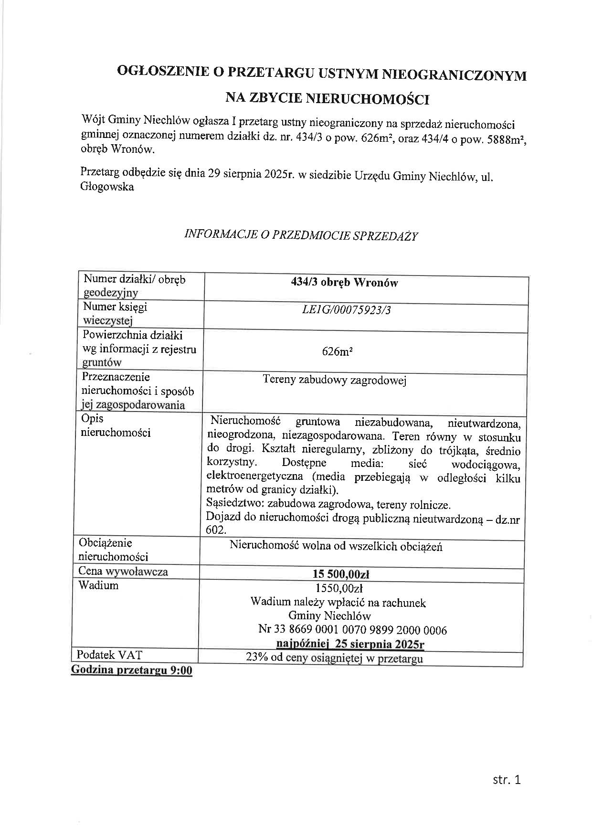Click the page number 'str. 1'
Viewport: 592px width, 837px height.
pyautogui.click(x=507, y=780)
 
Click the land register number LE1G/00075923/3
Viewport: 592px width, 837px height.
pyautogui.click(x=347, y=310)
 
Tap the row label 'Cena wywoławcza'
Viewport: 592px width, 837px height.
pyautogui.click(x=123, y=572)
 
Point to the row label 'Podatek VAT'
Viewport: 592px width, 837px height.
pyautogui.click(x=109, y=655)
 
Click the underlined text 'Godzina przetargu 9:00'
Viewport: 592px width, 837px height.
pyautogui.click(x=131, y=670)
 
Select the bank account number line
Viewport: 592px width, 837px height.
pyautogui.click(x=352, y=630)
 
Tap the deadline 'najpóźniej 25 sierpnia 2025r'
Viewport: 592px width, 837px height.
pyautogui.click(x=350, y=644)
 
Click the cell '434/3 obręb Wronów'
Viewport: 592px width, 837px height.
pyautogui.click(x=344, y=283)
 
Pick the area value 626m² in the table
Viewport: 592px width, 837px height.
pyautogui.click(x=337, y=352)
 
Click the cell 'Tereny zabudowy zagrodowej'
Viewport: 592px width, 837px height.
pyautogui.click(x=334, y=381)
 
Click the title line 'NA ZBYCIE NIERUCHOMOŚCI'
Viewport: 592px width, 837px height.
pyautogui.click(x=327, y=99)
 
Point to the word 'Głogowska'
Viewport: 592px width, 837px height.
pyautogui.click(x=107, y=187)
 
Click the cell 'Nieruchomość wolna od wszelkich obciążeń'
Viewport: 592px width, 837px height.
pyautogui.click(x=336, y=546)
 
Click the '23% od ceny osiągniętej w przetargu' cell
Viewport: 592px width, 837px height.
pyautogui.click(x=334, y=658)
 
